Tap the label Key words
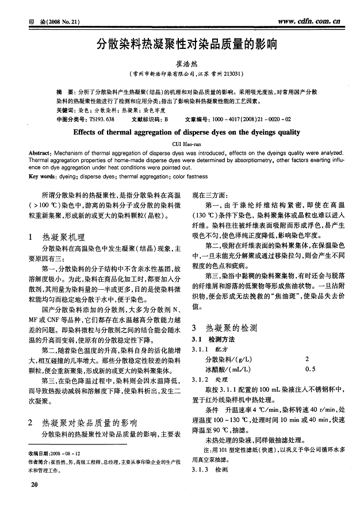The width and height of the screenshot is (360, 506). coord(42,177)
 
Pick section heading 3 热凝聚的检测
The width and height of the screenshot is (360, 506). coord(225,328)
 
